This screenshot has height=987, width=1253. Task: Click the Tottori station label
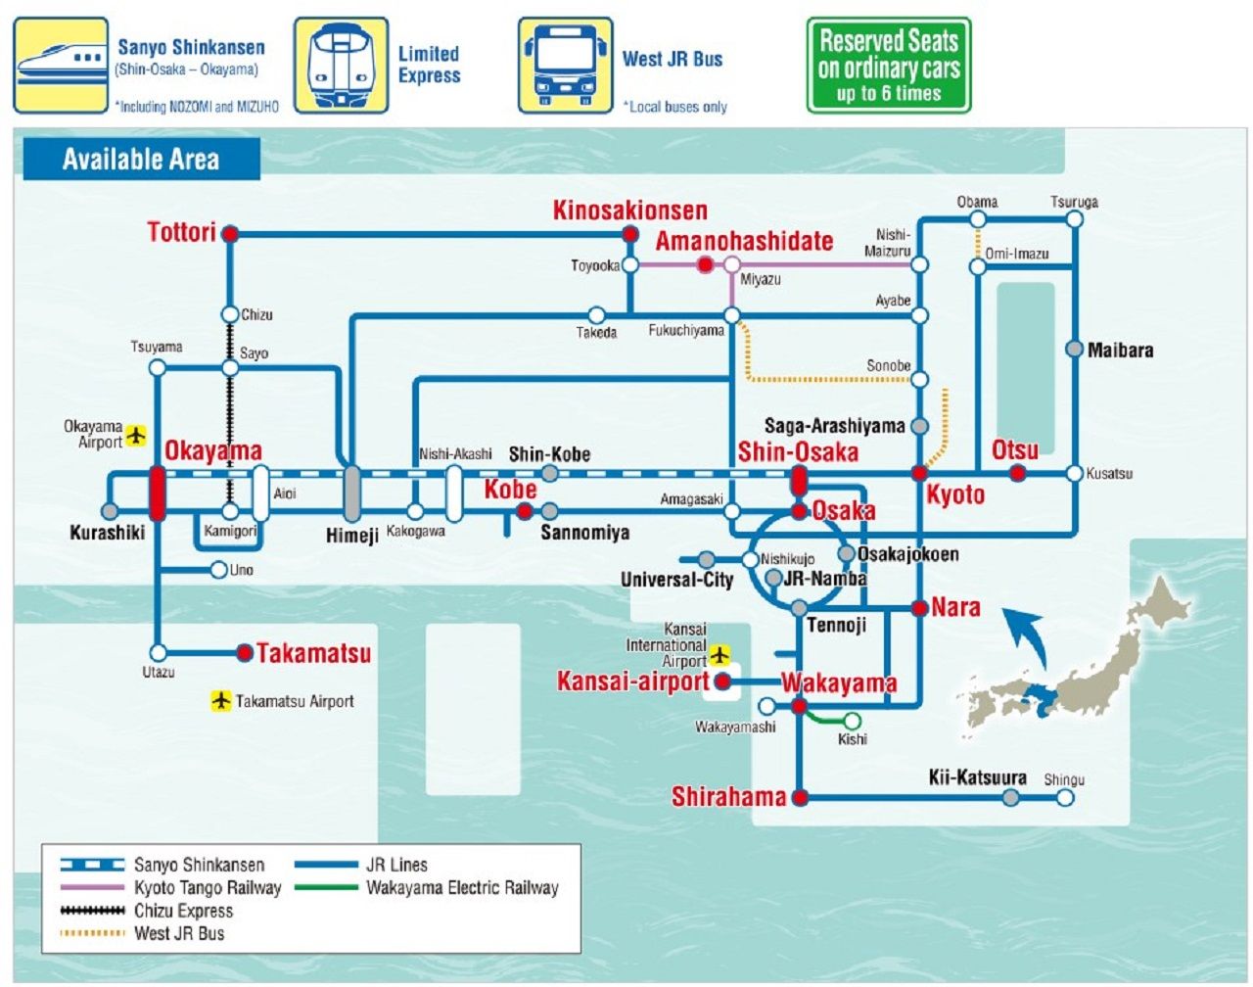(x=181, y=233)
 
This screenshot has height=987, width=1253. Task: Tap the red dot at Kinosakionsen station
(x=630, y=235)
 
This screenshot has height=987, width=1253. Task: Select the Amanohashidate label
(x=744, y=241)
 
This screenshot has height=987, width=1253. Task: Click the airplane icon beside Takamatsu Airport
(x=221, y=700)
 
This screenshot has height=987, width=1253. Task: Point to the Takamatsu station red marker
(x=245, y=652)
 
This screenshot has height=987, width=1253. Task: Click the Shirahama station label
(x=728, y=797)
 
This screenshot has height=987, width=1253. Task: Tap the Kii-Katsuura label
(x=977, y=778)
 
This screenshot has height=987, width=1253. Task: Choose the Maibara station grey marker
(x=1074, y=350)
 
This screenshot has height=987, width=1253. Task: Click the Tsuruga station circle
(x=1074, y=218)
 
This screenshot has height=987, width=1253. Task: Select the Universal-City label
(x=676, y=580)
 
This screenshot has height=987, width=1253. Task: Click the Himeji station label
(x=351, y=535)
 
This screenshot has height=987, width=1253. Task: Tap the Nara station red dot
(x=919, y=608)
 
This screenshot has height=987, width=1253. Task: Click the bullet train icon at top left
(x=61, y=66)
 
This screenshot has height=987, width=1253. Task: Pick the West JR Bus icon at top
(x=565, y=66)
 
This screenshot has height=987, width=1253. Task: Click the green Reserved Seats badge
(x=889, y=66)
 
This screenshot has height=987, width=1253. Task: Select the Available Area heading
(x=141, y=160)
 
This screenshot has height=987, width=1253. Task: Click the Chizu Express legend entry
(x=183, y=911)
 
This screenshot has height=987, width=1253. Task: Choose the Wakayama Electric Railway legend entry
(x=462, y=888)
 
